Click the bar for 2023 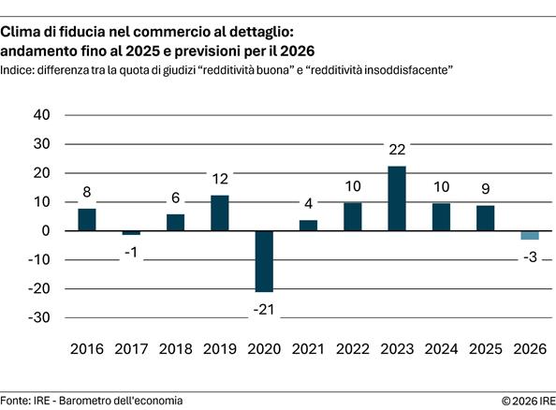tap(397, 198)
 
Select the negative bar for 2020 tap(264, 261)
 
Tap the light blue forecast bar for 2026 tap(530, 235)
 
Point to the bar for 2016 tap(87, 219)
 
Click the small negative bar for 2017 tap(131, 232)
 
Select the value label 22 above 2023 tap(397, 150)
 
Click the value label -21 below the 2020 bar tap(264, 308)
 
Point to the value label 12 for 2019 tap(220, 179)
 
